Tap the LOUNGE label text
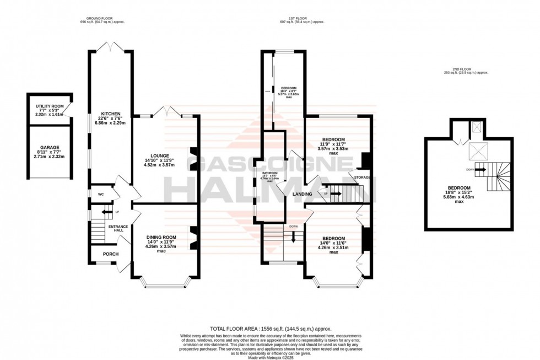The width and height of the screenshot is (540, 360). pos(159,155)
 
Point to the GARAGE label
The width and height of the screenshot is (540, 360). pos(50,147)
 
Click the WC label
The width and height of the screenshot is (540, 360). pos(101,194)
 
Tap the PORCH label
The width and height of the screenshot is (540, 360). pos(112,254)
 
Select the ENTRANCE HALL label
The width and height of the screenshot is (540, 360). pos(117,229)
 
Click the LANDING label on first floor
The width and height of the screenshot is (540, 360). pos(303,194)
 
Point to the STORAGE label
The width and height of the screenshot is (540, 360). pos(362,178)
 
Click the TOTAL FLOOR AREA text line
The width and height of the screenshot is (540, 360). pos(269,329)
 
